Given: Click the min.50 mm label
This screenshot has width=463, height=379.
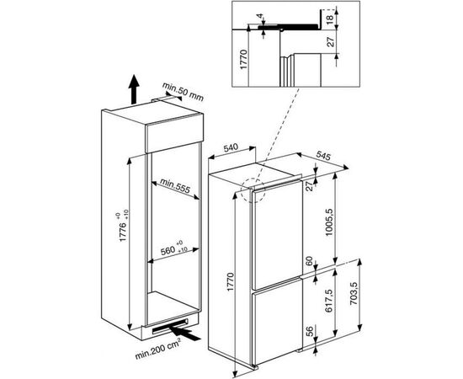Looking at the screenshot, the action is (x=183, y=91).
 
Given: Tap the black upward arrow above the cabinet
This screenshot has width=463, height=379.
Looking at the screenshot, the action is (x=134, y=89).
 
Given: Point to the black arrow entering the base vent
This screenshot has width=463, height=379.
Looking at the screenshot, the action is (x=184, y=332).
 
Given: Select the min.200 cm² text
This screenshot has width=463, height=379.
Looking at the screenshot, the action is (x=158, y=349).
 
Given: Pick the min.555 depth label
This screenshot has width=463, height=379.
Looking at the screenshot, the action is (x=175, y=185).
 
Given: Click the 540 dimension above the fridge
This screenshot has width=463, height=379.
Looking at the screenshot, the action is (x=231, y=147).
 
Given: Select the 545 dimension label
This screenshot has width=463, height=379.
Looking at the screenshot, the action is (x=324, y=155).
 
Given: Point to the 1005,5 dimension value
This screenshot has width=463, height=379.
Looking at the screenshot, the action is (x=328, y=222).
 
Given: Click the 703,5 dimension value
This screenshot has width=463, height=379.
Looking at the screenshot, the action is (x=354, y=294).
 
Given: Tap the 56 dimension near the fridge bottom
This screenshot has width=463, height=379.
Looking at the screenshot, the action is (x=310, y=332).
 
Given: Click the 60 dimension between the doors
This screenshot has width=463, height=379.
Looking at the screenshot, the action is (x=309, y=261).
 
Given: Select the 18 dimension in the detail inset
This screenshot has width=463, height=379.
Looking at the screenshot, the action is (x=330, y=19).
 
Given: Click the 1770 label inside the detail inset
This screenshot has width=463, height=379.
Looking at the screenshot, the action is (x=243, y=59).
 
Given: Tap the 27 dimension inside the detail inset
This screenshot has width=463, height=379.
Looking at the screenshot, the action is (x=331, y=41).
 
